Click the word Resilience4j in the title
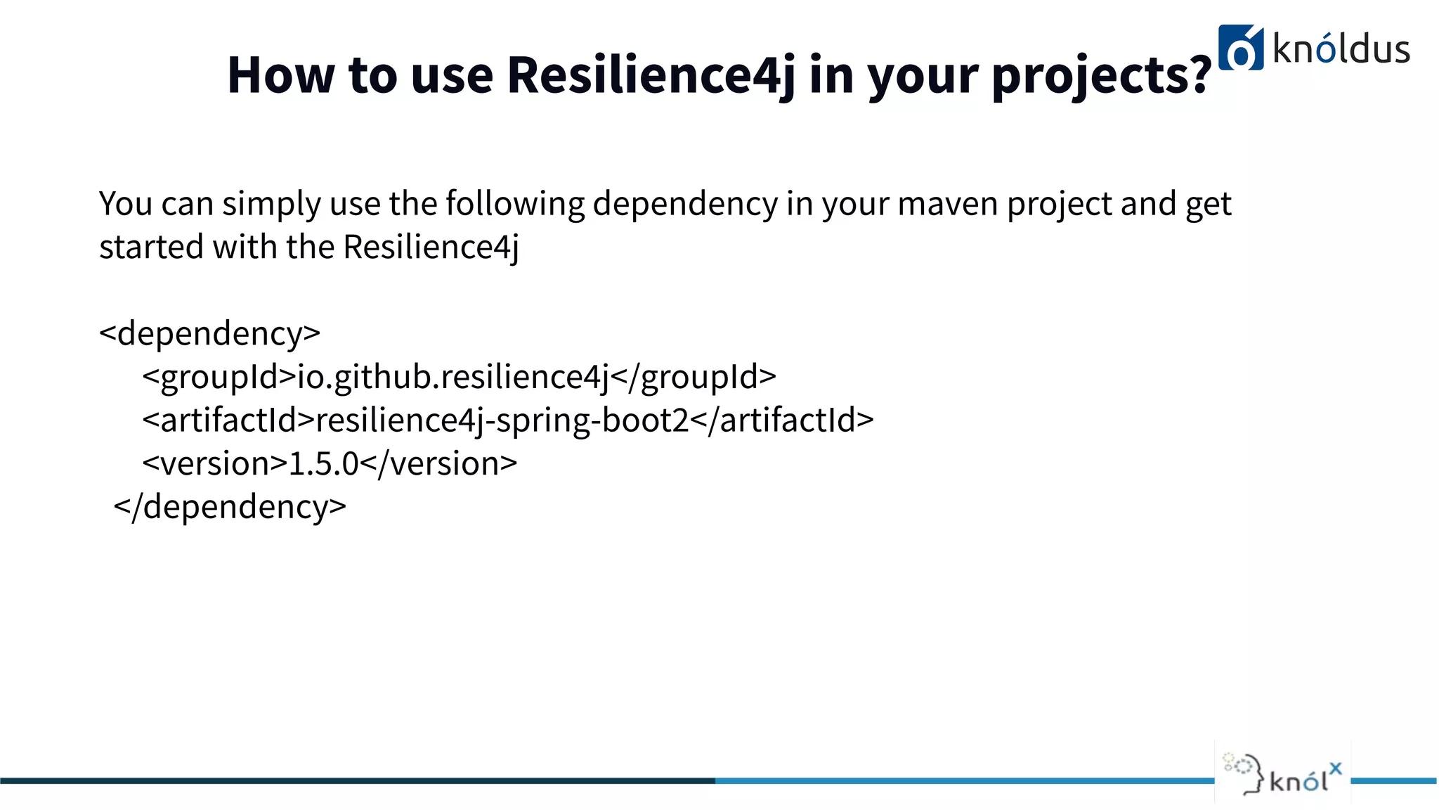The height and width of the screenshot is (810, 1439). click(651, 75)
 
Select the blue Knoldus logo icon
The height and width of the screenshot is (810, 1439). click(1240, 49)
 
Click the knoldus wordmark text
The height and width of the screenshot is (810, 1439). click(1341, 49)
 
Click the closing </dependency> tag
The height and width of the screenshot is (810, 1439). click(230, 507)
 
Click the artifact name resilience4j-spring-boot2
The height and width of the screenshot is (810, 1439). click(502, 420)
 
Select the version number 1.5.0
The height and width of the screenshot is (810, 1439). click(324, 464)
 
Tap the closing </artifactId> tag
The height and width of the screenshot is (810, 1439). click(782, 420)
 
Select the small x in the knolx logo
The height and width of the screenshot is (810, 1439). click(1335, 768)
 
